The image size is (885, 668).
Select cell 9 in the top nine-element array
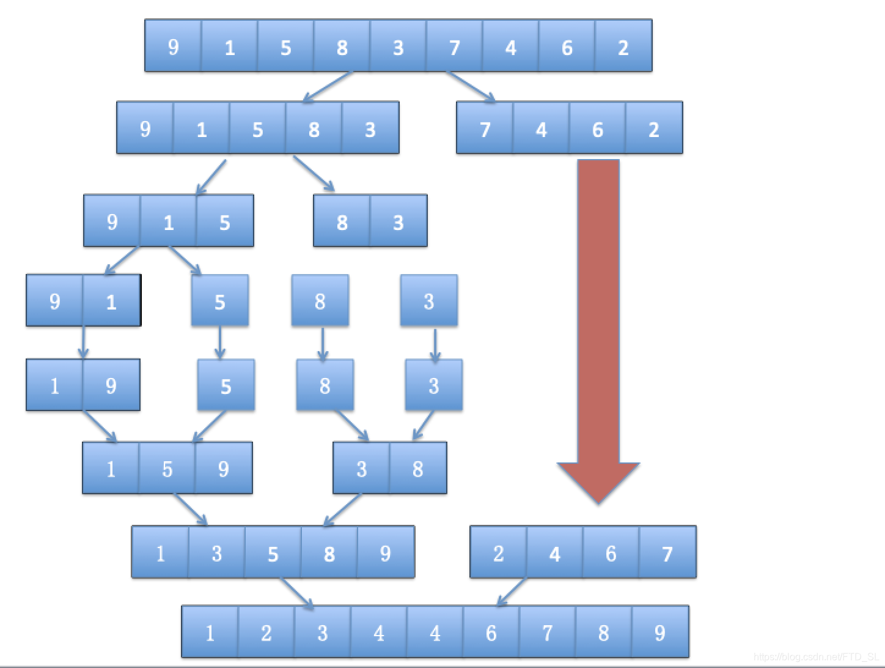point(173,46)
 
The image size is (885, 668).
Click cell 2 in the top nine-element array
point(623,46)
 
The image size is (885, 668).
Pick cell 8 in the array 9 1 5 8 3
point(314,128)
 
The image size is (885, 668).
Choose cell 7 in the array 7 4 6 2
point(485,128)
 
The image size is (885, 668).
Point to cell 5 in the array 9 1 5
point(224,221)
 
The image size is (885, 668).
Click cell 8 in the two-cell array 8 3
point(342,221)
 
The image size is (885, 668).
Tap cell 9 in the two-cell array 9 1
point(54,301)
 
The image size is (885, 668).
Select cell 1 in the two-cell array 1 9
point(54,385)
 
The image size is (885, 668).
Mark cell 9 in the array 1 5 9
point(223,469)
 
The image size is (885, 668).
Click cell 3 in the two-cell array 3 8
point(361,469)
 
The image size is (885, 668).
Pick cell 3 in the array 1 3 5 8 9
point(216,553)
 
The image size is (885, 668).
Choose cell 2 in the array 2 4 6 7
point(498,553)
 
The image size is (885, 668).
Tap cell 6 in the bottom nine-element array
point(491,633)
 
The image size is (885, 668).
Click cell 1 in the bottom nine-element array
point(210,633)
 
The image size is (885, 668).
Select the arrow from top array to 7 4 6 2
point(471,86)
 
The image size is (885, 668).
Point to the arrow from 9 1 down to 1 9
point(83,343)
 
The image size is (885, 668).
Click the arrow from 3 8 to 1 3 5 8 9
point(342,510)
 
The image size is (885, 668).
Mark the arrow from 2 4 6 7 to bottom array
point(512,592)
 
